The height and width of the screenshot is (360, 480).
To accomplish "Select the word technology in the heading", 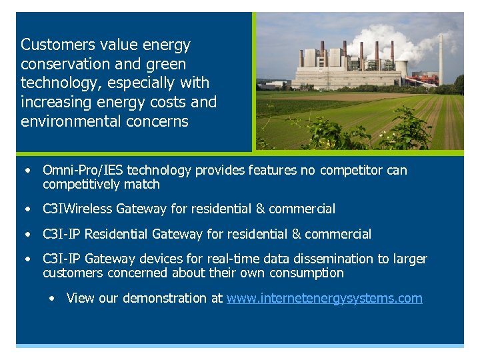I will point(55,83).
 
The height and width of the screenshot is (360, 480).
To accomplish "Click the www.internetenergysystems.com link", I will point(324,298).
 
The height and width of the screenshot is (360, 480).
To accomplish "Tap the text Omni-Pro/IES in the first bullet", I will point(83,171).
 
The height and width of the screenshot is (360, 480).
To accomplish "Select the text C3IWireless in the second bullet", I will point(77,209).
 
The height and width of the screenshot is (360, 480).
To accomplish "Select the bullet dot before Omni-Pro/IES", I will point(27,171).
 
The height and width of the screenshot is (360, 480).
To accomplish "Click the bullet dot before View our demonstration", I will point(52,298).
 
